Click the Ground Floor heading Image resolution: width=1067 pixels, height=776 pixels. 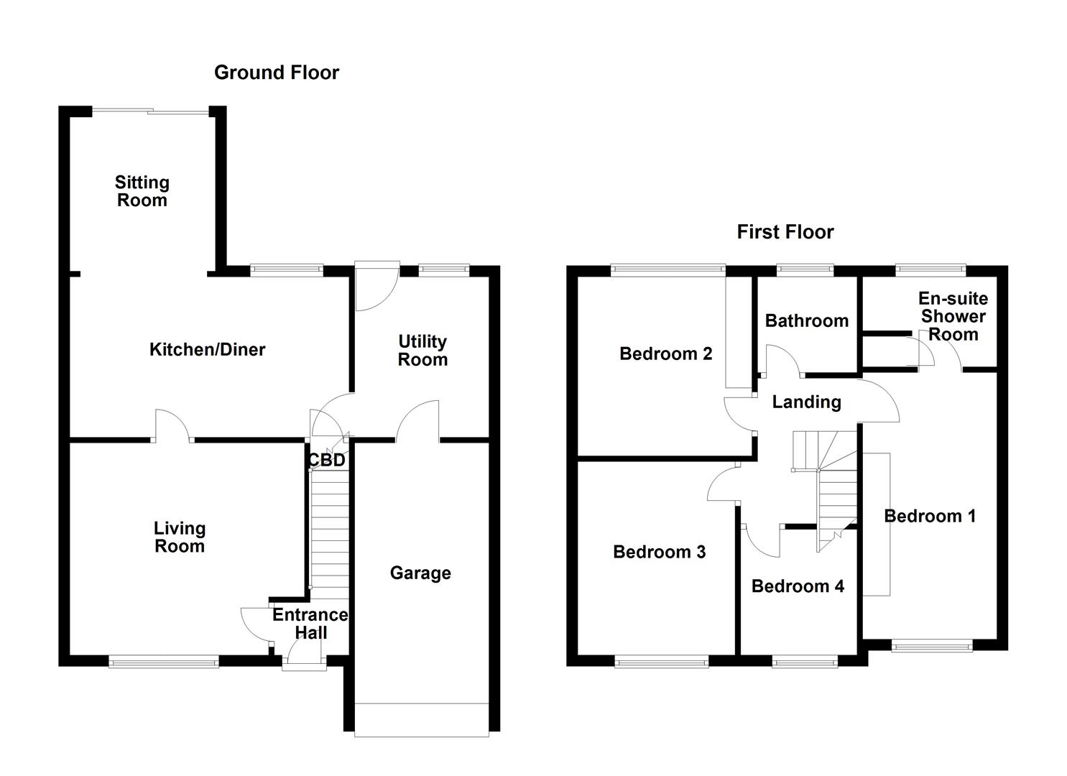point(276,73)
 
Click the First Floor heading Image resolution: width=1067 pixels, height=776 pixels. point(785,232)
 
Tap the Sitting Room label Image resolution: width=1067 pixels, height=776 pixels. point(142,192)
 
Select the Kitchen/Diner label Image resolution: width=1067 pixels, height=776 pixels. point(207,350)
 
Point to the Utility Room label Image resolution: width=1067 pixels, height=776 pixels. point(422,351)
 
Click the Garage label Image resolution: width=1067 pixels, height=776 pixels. point(420,573)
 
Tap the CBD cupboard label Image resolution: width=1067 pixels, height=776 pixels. point(326,461)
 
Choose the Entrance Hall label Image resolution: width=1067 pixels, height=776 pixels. point(310,624)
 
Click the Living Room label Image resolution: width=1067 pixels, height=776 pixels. point(180,537)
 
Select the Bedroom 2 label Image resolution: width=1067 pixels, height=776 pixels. point(665,354)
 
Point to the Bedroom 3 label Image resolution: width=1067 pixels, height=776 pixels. point(659,552)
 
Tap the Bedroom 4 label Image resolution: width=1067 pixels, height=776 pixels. point(798,586)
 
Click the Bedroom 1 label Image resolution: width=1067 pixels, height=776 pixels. point(930,516)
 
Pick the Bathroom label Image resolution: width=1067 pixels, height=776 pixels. point(806,321)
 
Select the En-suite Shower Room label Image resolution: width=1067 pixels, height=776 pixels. point(953,317)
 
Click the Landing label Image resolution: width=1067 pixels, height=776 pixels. point(806,402)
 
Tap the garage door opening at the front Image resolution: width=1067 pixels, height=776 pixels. point(422,719)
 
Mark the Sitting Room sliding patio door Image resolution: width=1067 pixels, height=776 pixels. point(151,111)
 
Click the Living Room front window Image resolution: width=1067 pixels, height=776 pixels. point(164,662)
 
